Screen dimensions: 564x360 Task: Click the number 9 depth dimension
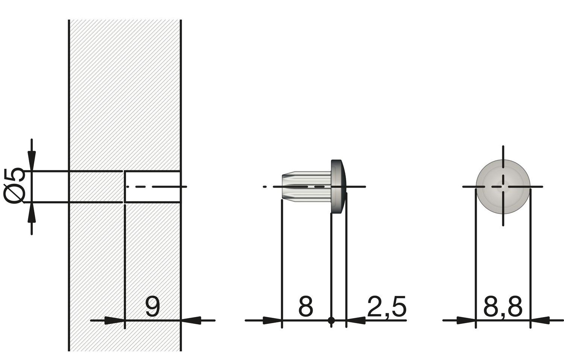tap(153, 307)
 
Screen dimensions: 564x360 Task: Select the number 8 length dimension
tap(306, 307)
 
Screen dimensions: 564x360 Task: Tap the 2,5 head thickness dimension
tap(387, 307)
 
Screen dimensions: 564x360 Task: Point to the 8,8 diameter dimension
tap(503, 307)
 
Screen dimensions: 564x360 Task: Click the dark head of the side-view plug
tap(338, 186)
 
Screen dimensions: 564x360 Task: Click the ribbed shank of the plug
tap(306, 187)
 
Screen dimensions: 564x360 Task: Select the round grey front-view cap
tap(503, 187)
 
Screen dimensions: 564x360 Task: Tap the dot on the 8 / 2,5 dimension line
tap(331, 320)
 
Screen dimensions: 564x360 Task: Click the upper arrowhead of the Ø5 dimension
tap(32, 161)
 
